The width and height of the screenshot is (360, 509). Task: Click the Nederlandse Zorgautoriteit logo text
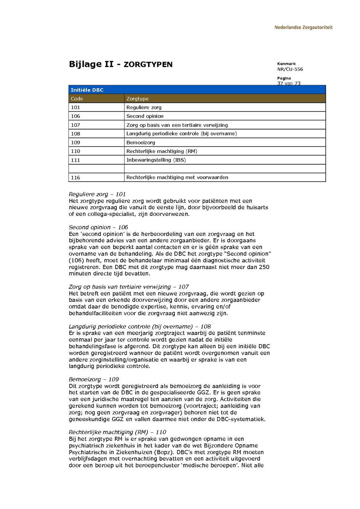303,28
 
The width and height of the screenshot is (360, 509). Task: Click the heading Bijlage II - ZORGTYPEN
120,64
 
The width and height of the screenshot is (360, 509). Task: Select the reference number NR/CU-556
290,69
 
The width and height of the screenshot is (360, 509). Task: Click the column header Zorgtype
137,98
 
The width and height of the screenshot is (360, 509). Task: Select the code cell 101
75,107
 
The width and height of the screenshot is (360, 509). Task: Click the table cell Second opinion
145,116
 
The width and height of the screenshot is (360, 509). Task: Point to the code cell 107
75,125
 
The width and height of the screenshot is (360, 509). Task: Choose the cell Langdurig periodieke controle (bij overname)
181,134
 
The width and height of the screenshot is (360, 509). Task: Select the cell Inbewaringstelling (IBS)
156,160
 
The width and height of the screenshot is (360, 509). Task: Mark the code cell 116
75,178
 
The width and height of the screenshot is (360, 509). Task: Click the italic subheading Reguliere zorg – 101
97,194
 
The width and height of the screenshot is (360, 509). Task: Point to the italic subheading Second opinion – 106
98,227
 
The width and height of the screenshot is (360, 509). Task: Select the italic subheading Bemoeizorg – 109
94,379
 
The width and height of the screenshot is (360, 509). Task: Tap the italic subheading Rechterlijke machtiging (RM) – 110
117,432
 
